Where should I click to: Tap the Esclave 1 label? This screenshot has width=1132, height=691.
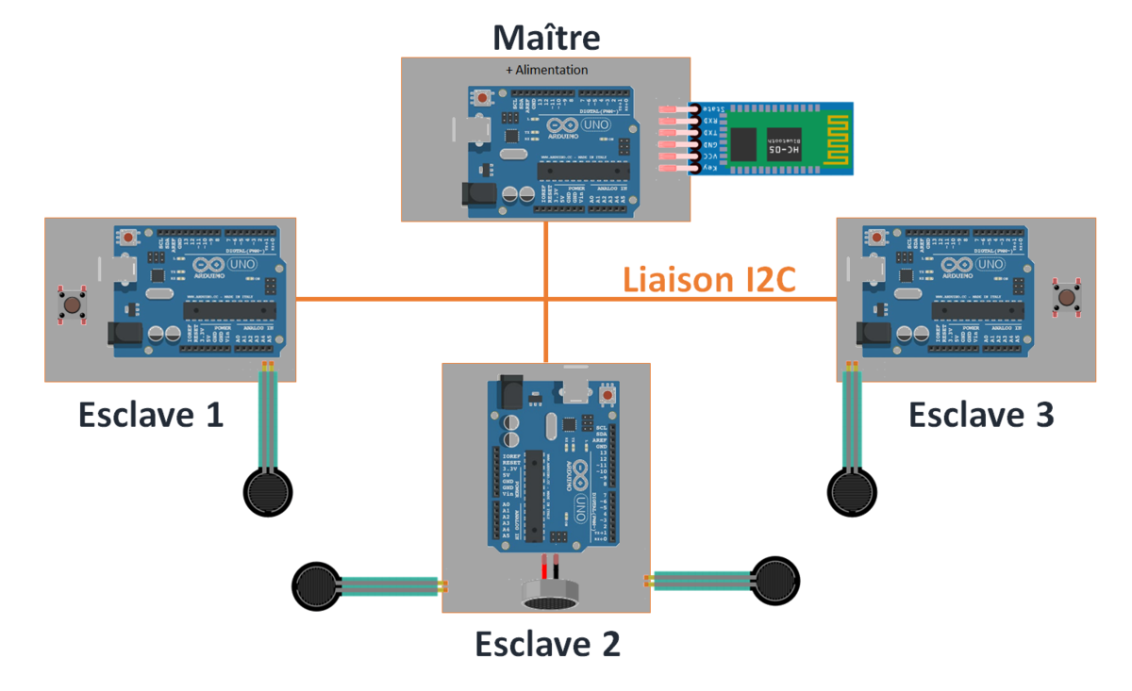tap(152, 415)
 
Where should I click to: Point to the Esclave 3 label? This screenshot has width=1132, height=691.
tap(981, 415)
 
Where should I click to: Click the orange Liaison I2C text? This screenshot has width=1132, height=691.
tap(709, 279)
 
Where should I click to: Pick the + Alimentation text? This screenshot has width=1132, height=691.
tap(546, 70)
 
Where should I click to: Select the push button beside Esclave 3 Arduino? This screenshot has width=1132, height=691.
tap(1067, 298)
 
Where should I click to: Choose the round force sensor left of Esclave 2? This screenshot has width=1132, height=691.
tap(316, 585)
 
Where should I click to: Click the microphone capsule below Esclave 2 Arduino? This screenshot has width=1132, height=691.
tap(549, 593)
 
